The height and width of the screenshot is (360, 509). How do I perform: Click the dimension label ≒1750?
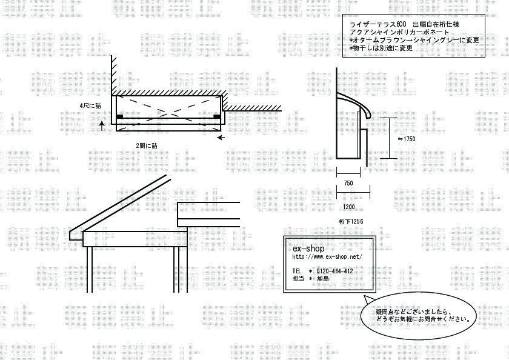coord(407,139)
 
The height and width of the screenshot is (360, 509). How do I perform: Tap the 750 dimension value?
coord(348,183)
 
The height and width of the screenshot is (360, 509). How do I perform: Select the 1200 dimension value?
coord(348,207)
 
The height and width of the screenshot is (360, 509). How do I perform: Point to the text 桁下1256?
coord(351,221)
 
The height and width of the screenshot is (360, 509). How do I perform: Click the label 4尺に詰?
coord(90,106)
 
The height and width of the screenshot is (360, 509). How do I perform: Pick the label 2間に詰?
coord(147,145)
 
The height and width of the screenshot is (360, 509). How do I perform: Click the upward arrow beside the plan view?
coord(102,125)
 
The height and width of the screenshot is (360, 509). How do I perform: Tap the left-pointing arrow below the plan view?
coord(221,138)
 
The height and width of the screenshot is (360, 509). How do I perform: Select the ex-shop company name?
coord(308,248)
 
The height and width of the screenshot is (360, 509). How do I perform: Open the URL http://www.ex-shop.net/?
coord(327,256)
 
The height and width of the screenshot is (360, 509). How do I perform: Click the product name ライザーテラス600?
coord(378,24)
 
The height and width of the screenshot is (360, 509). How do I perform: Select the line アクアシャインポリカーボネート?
coord(399,32)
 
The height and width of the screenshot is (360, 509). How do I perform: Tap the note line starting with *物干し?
coord(381,48)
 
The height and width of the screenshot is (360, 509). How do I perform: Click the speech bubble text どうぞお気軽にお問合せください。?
coord(424,319)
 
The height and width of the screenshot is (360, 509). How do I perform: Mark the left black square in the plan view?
coord(119,116)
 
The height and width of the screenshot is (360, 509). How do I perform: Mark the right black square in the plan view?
coord(217,116)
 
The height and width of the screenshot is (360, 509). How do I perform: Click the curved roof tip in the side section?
coord(368,116)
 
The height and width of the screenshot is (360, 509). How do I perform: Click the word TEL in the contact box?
coord(297,271)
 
